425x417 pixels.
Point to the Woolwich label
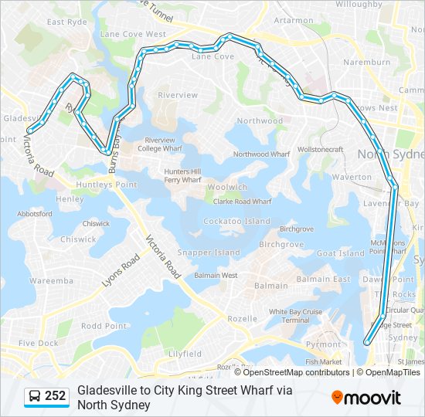coord(227,188)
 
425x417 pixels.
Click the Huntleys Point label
coord(106,185)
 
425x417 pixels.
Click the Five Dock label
coord(38,343)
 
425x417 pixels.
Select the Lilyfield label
coord(185,354)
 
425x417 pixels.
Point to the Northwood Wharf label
coord(260,154)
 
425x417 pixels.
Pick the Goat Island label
coord(340,253)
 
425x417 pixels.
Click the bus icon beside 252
coord(35,397)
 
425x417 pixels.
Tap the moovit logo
coord(366,398)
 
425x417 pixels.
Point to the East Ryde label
coord(66,22)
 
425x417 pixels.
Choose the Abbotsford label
coord(34,214)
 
